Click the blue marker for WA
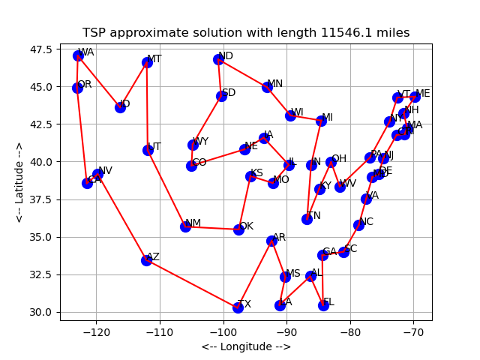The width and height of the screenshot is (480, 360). click(x=78, y=55)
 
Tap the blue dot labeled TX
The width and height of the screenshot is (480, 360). click(x=238, y=307)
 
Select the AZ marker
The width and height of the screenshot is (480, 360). click(x=146, y=260)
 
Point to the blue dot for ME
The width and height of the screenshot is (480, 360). click(x=415, y=97)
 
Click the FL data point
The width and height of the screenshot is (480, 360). click(x=323, y=305)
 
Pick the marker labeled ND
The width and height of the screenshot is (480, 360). click(x=218, y=59)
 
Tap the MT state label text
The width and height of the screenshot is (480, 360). click(x=154, y=59)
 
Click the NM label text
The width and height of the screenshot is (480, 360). click(x=193, y=223)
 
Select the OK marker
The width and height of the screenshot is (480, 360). click(x=238, y=229)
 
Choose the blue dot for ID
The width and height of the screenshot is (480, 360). click(x=120, y=107)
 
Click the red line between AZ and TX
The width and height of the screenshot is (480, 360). click(x=192, y=283)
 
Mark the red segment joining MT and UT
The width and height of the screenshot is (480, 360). click(x=147, y=106)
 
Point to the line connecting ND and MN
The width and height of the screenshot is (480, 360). click(x=242, y=73)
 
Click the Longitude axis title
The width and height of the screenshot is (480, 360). click(x=246, y=346)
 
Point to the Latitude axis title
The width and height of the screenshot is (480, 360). click(x=20, y=182)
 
